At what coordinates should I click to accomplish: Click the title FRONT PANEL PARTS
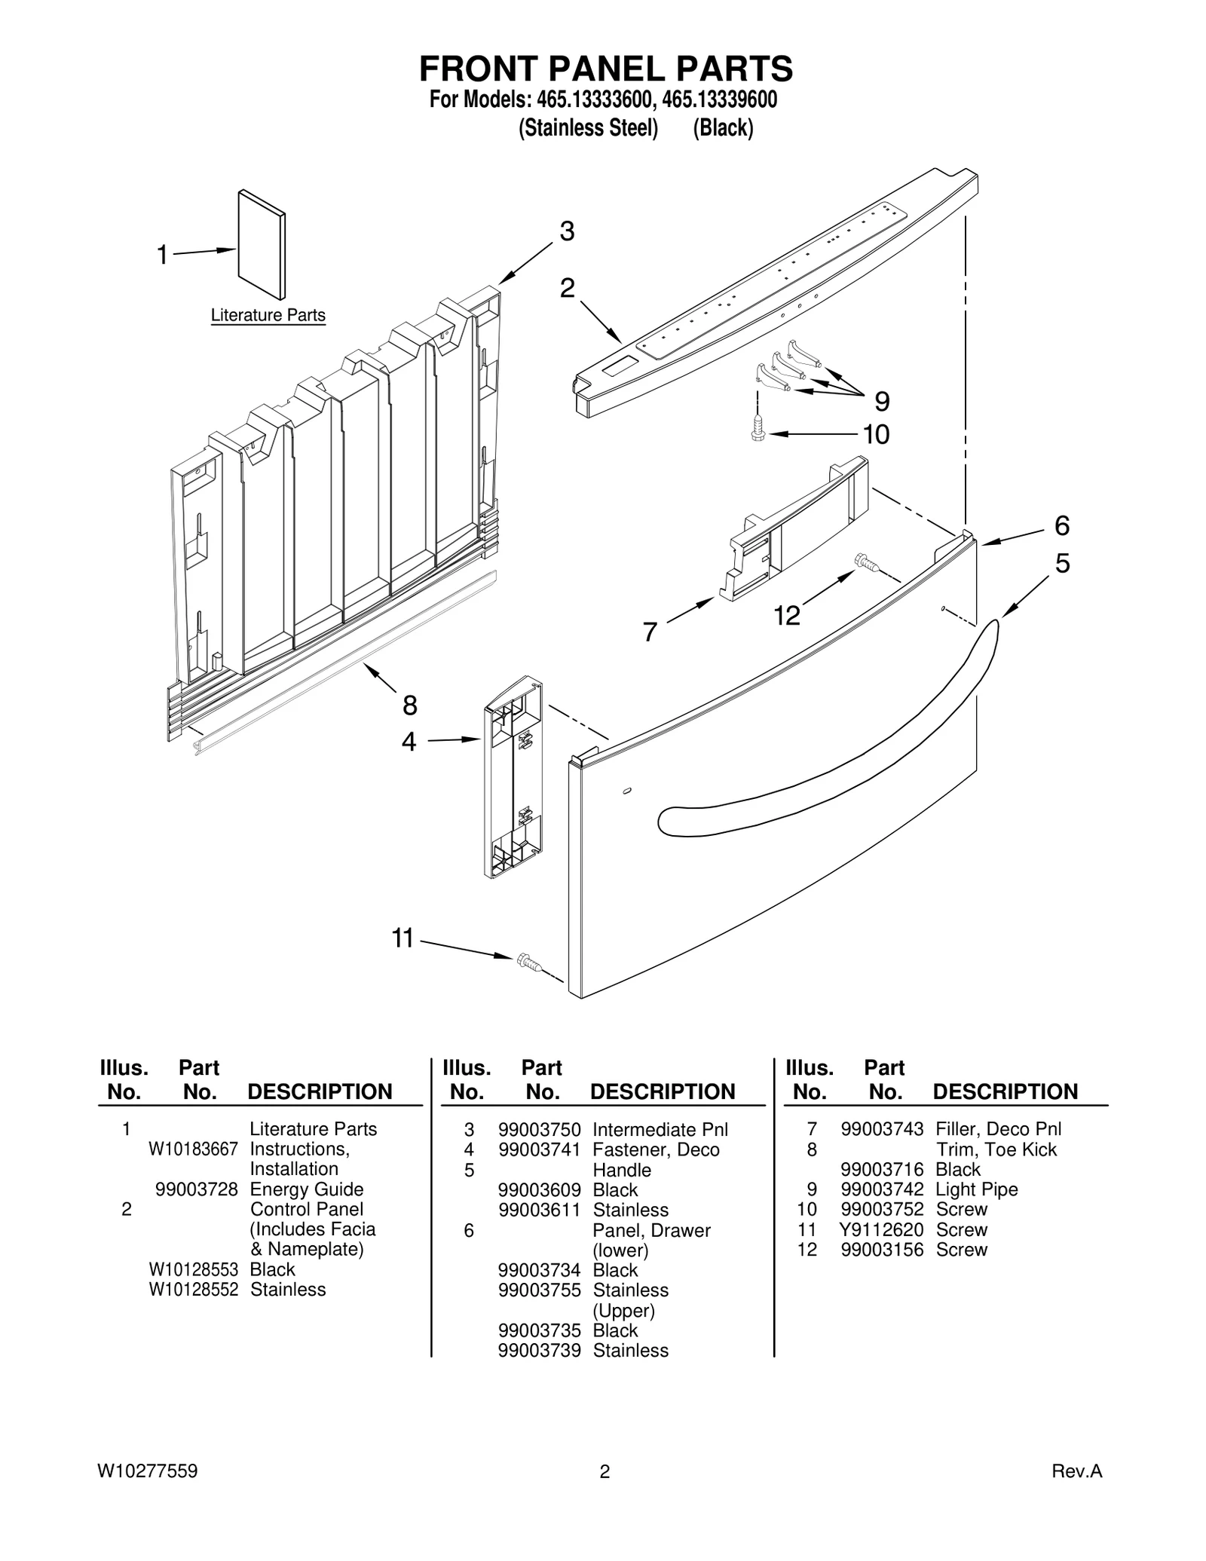click(605, 69)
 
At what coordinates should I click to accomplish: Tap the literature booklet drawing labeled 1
click(262, 243)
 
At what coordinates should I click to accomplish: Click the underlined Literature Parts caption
click(268, 315)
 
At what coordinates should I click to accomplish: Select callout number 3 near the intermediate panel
click(567, 231)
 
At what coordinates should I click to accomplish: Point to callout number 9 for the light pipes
click(881, 401)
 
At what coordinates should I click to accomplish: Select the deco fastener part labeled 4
click(513, 777)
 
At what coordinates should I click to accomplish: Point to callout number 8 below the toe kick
click(409, 706)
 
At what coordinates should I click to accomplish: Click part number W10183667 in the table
click(193, 1149)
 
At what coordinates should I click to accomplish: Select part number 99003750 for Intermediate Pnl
click(539, 1129)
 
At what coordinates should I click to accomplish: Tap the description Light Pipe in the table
click(976, 1189)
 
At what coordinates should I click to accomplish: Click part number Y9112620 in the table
click(881, 1229)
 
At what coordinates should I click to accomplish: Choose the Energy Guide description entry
click(306, 1189)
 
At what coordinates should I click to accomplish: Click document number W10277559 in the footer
click(147, 1471)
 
